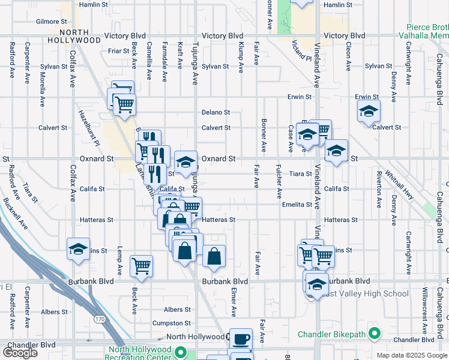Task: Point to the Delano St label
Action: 216,112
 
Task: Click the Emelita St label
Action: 297,205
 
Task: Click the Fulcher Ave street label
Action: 279,181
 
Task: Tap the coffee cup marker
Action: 241,340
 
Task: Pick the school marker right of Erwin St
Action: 369,111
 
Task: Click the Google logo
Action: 20,353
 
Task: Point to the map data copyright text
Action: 412,355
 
